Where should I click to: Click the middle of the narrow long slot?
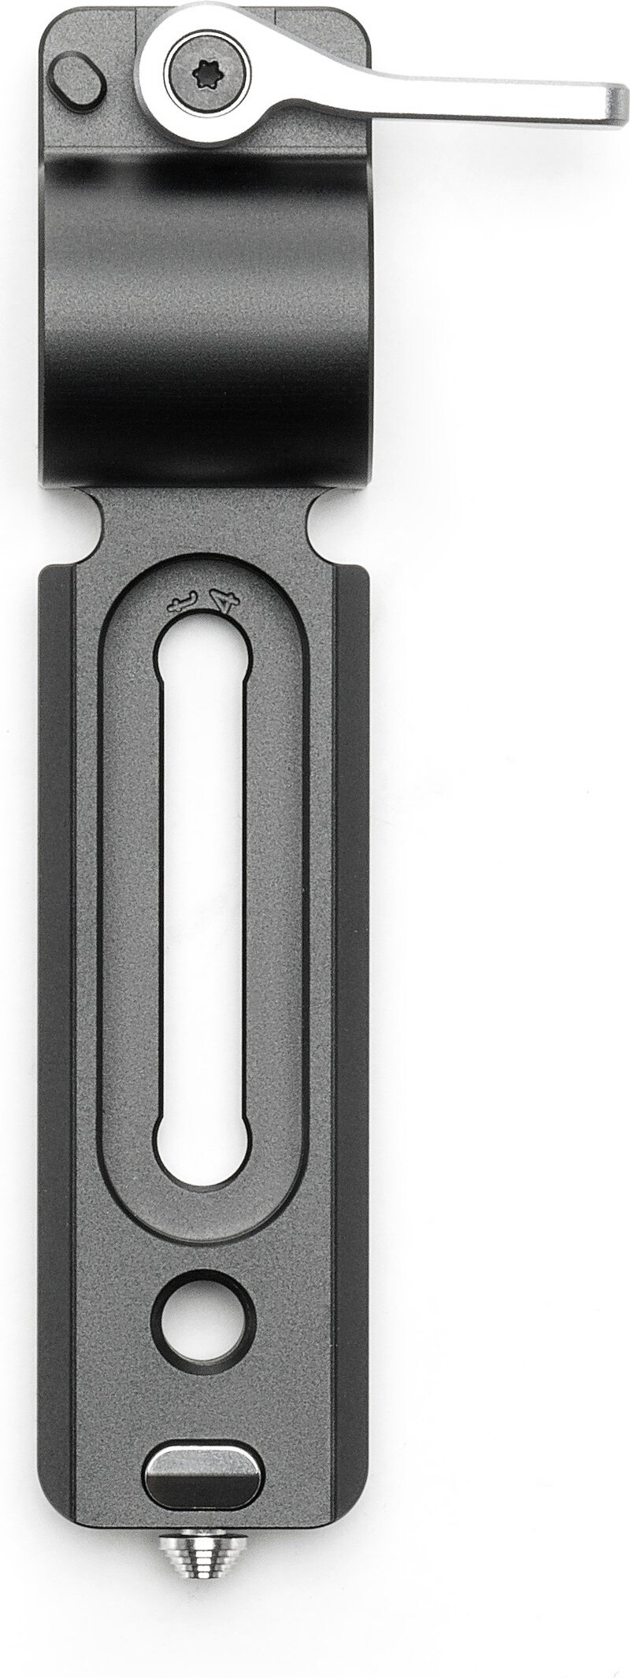tap(204, 905)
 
